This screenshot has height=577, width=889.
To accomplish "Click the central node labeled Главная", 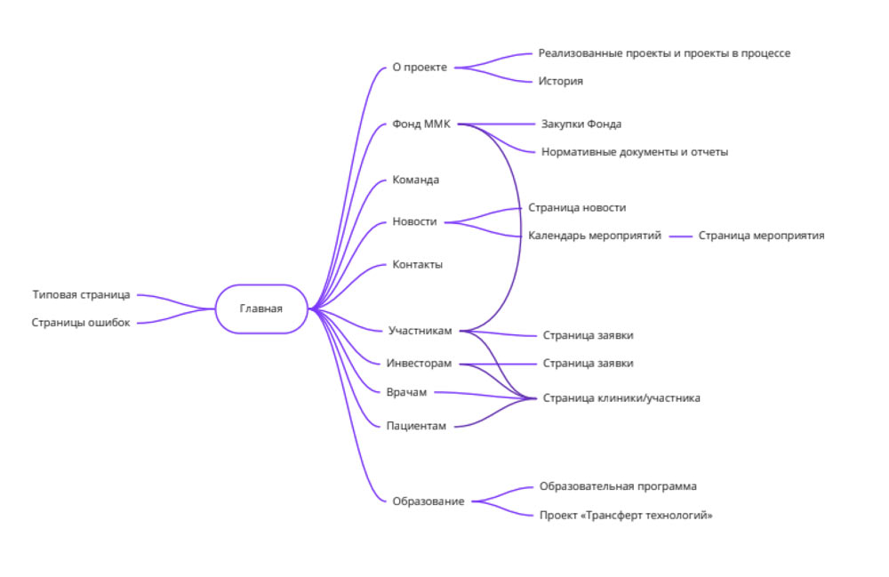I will [x=261, y=309].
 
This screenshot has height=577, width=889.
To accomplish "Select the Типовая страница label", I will [x=81, y=294].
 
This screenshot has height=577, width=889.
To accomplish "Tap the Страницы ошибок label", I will [x=81, y=323].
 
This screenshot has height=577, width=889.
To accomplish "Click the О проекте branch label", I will [x=420, y=67].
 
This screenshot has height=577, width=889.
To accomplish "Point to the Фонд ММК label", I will [x=421, y=124].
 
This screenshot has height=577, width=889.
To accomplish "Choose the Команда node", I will [x=416, y=180].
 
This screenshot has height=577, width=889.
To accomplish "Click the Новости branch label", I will [x=414, y=221].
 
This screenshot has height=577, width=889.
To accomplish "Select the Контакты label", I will [x=418, y=264].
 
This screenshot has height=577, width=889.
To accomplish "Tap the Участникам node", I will [x=420, y=331].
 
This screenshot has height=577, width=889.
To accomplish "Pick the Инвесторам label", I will [x=420, y=363].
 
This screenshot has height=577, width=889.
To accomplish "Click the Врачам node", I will [x=407, y=392].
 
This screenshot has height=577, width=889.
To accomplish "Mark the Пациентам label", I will [x=416, y=426].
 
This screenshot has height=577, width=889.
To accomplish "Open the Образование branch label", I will [x=428, y=501].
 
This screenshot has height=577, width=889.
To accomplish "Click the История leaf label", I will [x=561, y=81].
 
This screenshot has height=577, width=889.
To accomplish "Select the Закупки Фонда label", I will [x=581, y=124].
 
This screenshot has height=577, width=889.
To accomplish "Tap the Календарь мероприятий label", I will [x=595, y=236].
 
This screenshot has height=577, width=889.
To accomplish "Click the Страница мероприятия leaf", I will [x=761, y=236].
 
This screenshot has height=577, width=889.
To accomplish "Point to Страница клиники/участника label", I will [x=621, y=398].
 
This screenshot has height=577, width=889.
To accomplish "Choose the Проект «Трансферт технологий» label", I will [x=626, y=516].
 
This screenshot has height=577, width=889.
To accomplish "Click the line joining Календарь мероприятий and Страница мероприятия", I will [x=680, y=236].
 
